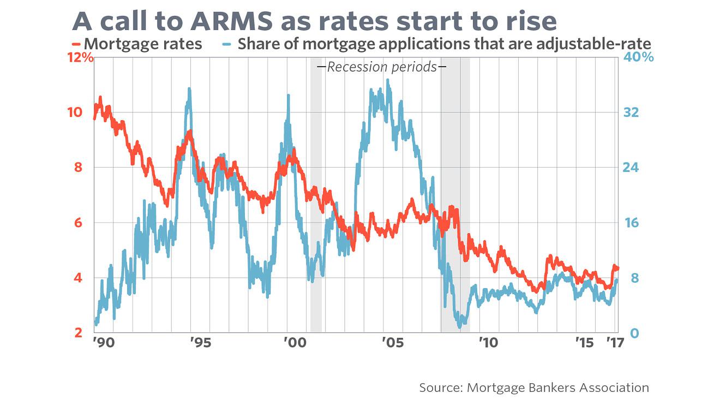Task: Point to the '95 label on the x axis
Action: [x=200, y=343]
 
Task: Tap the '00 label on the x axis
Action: [x=295, y=343]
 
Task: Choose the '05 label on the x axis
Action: [x=392, y=343]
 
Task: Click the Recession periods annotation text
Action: [x=381, y=67]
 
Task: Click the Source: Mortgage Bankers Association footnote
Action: [x=534, y=388]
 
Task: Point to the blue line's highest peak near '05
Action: [x=387, y=80]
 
